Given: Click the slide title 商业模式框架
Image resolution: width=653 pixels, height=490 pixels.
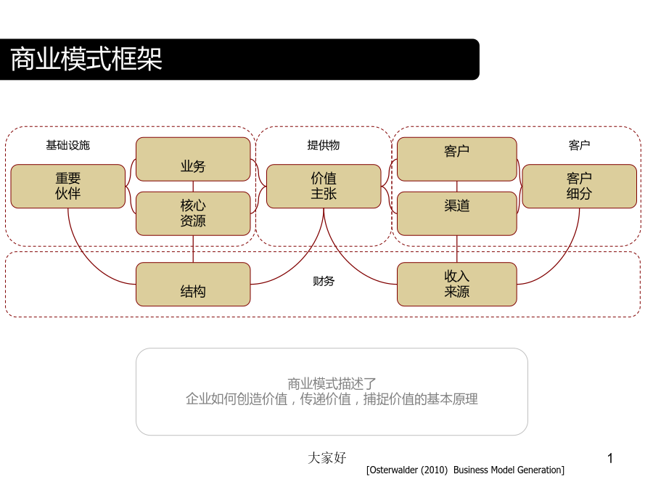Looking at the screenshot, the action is pyautogui.click(x=86, y=59).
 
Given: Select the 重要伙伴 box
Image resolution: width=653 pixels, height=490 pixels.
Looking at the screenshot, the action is pyautogui.click(x=68, y=187).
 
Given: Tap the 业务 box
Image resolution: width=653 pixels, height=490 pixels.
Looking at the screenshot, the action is pyautogui.click(x=193, y=159).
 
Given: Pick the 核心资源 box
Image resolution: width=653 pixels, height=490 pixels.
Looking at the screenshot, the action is pyautogui.click(x=193, y=213).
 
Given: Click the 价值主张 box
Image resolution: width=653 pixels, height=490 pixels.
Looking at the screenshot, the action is pyautogui.click(x=324, y=187).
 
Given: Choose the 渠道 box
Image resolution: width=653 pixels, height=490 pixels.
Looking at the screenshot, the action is pyautogui.click(x=457, y=213).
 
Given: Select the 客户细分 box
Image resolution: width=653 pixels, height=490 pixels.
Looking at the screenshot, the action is pyautogui.click(x=579, y=187).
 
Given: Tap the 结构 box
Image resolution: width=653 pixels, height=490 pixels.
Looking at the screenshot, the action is pyautogui.click(x=193, y=284).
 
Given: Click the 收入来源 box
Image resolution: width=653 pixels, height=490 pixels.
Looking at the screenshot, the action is pyautogui.click(x=457, y=284).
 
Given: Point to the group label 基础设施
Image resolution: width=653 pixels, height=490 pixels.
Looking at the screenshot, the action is pyautogui.click(x=68, y=145).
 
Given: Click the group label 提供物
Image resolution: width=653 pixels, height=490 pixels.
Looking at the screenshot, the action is pyautogui.click(x=324, y=145).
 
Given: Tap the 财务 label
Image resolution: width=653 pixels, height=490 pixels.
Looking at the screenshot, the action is pyautogui.click(x=324, y=281).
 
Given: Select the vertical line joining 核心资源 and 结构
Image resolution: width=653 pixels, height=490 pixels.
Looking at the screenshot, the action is pyautogui.click(x=193, y=249).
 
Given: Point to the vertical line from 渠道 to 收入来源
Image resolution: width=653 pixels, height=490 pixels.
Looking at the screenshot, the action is pyautogui.click(x=457, y=249).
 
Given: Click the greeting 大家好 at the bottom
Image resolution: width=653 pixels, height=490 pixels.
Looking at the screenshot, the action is pyautogui.click(x=327, y=458).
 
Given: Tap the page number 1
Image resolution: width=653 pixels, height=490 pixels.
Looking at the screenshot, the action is pyautogui.click(x=610, y=458).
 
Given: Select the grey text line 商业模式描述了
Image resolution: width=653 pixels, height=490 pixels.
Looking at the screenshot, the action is pyautogui.click(x=332, y=383).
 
